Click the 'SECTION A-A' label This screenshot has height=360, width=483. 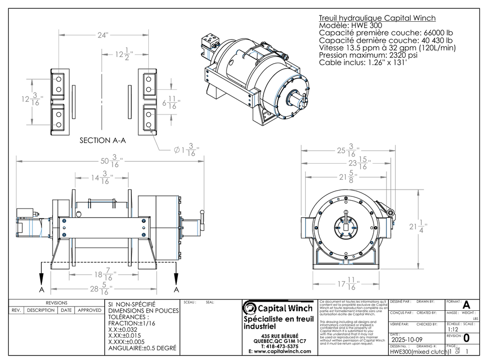[x=102, y=141]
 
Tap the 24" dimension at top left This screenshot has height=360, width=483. [x=102, y=35]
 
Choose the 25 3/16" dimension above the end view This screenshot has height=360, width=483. [x=347, y=151]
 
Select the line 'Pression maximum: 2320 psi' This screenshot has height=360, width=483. [x=365, y=55]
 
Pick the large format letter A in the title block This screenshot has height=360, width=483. [x=466, y=305]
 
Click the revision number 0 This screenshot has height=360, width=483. [x=466, y=338]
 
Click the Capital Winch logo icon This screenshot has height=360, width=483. [x=250, y=307]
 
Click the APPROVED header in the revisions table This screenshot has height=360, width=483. [x=89, y=310]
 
